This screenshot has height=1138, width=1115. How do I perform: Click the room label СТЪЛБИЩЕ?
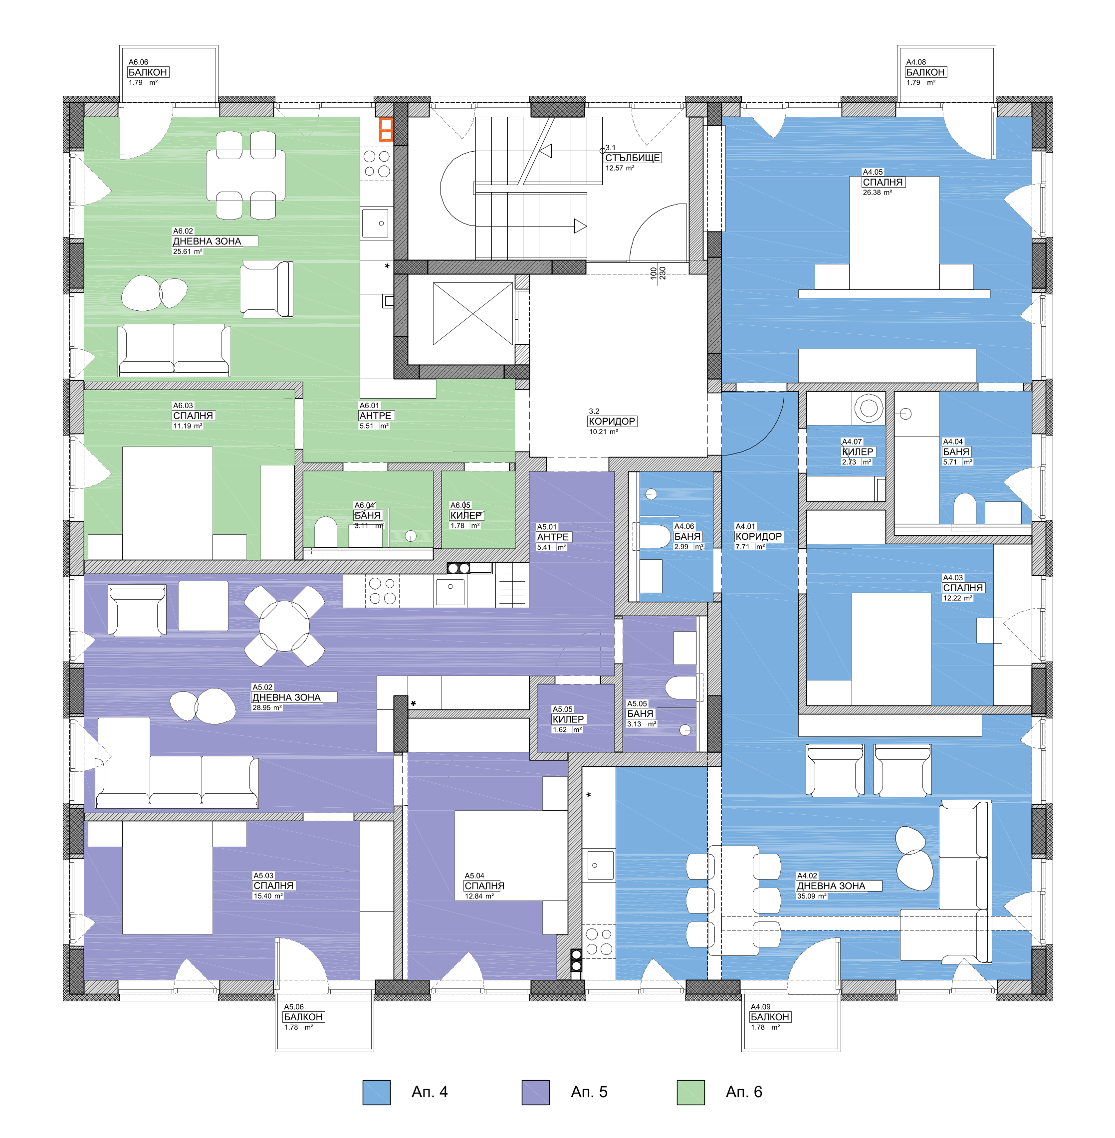pyautogui.click(x=633, y=158)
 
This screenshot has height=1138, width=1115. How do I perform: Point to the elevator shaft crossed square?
pyautogui.click(x=472, y=314)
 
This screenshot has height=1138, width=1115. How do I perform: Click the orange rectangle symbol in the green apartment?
pyautogui.click(x=385, y=129)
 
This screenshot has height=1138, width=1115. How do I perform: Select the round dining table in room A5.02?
pyautogui.click(x=284, y=626)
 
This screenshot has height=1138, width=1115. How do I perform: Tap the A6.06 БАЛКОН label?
pyautogui.click(x=148, y=72)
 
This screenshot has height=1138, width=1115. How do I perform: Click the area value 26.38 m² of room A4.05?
pyautogui.click(x=877, y=193)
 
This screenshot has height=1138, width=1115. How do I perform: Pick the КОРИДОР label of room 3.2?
pyautogui.click(x=612, y=421)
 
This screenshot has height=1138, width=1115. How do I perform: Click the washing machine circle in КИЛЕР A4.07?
pyautogui.click(x=869, y=408)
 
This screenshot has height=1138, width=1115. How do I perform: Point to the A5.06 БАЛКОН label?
pyautogui.click(x=303, y=1017)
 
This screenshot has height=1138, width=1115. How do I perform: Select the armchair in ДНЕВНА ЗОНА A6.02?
pyautogui.click(x=266, y=289)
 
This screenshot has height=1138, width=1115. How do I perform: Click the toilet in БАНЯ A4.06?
pyautogui.click(x=654, y=536)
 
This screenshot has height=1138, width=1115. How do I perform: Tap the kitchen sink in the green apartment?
pyautogui.click(x=375, y=223)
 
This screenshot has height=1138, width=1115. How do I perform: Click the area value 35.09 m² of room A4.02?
pyautogui.click(x=812, y=896)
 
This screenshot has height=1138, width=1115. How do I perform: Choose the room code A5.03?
pyautogui.click(x=263, y=876)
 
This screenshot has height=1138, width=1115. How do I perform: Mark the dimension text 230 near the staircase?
pyautogui.click(x=663, y=273)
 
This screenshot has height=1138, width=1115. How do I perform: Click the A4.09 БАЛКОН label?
pyautogui.click(x=770, y=1017)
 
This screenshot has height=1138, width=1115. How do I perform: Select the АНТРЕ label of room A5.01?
pyautogui.click(x=553, y=537)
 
